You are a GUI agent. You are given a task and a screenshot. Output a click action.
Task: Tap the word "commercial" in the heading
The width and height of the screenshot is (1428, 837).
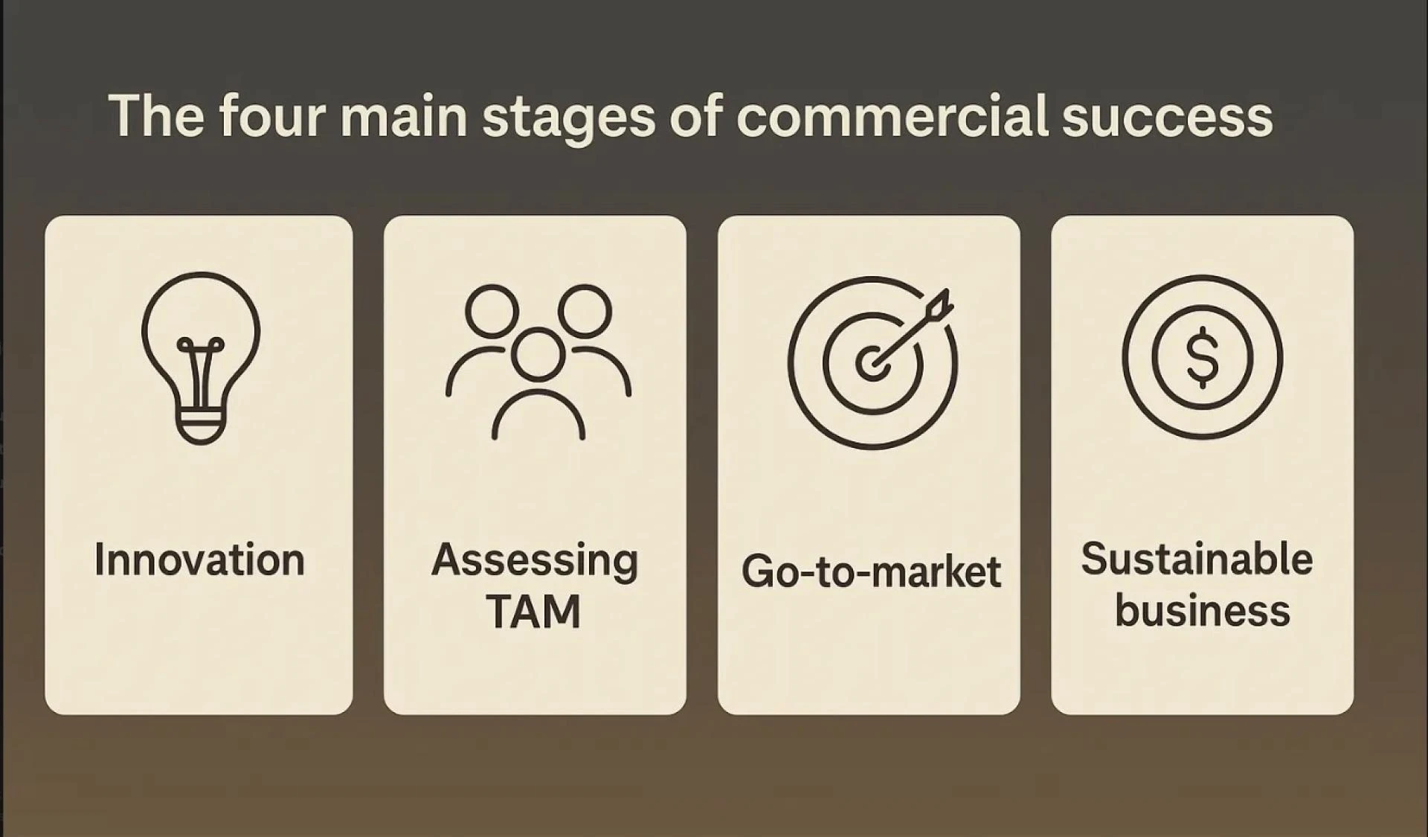click(892, 117)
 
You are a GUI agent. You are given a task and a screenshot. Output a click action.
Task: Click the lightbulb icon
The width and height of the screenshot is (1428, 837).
click(201, 358)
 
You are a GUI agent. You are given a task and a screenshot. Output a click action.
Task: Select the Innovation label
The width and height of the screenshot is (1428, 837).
click(199, 559)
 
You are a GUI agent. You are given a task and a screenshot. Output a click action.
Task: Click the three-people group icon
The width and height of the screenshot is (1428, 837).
click(538, 362)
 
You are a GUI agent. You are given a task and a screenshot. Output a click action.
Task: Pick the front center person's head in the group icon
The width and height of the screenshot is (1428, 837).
click(538, 355)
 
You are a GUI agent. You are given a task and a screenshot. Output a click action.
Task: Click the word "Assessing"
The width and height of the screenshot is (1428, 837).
click(535, 561)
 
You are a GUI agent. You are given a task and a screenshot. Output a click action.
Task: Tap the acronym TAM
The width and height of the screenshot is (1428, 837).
click(533, 612)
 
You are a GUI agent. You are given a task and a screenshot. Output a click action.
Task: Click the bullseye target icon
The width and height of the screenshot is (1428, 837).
click(872, 362)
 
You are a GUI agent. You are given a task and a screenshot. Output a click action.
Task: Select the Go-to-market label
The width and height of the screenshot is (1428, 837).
click(871, 571)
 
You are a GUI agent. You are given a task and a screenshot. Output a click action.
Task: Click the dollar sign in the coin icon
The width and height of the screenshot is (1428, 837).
click(1202, 357)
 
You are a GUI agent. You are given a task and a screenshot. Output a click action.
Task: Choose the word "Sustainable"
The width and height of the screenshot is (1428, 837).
click(1197, 559)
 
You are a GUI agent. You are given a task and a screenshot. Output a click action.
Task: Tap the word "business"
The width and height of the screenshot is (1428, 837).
click(1202, 611)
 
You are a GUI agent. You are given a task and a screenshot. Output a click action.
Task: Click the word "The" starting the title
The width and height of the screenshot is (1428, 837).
click(156, 117)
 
